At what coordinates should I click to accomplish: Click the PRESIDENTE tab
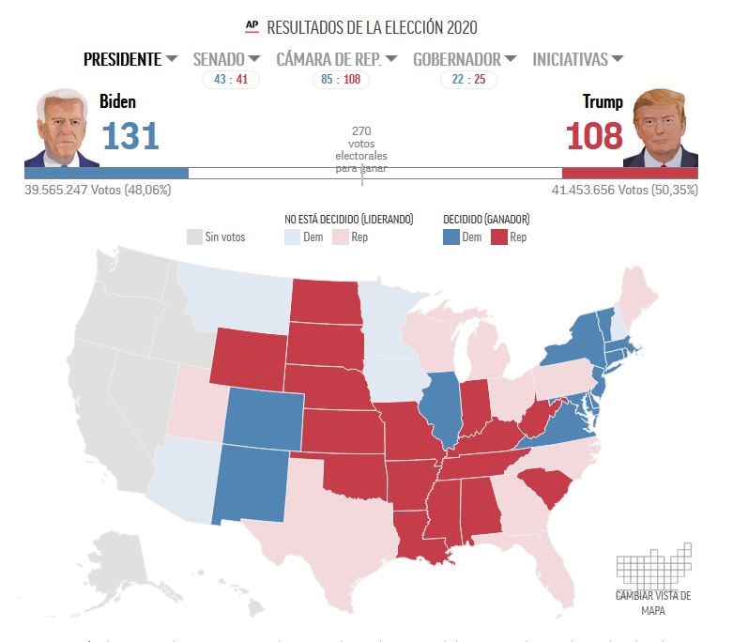130,59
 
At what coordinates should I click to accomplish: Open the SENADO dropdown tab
226,59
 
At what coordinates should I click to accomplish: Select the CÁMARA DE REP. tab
336,59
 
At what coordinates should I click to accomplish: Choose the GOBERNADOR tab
464,59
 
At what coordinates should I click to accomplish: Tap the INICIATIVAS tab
577,59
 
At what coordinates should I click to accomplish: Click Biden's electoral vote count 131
130,137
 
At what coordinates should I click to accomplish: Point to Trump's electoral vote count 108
594,137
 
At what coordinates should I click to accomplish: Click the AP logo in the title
252,26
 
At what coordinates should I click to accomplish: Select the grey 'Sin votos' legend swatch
194,237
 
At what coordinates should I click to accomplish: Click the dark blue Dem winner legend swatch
450,237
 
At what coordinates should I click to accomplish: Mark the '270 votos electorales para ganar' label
361,149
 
